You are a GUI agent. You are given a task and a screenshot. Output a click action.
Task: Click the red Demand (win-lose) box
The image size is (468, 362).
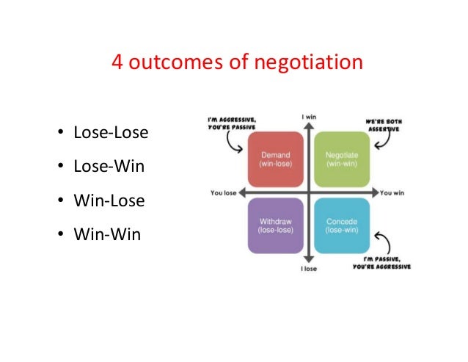pos(276,159)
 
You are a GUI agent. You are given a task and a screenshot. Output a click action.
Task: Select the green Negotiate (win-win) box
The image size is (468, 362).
pos(341,159)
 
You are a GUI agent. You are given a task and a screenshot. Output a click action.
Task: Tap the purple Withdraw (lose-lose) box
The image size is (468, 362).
pos(276,225)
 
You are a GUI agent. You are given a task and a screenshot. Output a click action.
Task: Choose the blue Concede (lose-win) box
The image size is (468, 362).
pos(341,225)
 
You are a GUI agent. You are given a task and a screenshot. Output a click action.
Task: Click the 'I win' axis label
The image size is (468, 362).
pos(310,117)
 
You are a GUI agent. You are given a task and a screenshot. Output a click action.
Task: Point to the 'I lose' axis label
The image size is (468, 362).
pos(310,269)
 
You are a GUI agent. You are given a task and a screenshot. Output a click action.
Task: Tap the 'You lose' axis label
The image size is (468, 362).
pos(223,194)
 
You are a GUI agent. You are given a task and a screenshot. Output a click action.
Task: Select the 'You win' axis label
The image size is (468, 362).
pos(393,194)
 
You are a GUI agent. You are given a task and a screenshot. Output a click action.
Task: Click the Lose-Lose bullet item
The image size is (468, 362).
pos(111,133)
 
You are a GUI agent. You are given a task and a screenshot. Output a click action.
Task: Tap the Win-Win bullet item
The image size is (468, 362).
pos(106,235)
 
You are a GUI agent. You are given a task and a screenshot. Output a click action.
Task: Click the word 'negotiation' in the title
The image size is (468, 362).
pos(307,63)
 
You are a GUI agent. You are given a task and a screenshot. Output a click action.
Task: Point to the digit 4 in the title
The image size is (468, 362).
pos(117,63)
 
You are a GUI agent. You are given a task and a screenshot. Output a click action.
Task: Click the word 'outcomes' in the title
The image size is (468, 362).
pos(166,63)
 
